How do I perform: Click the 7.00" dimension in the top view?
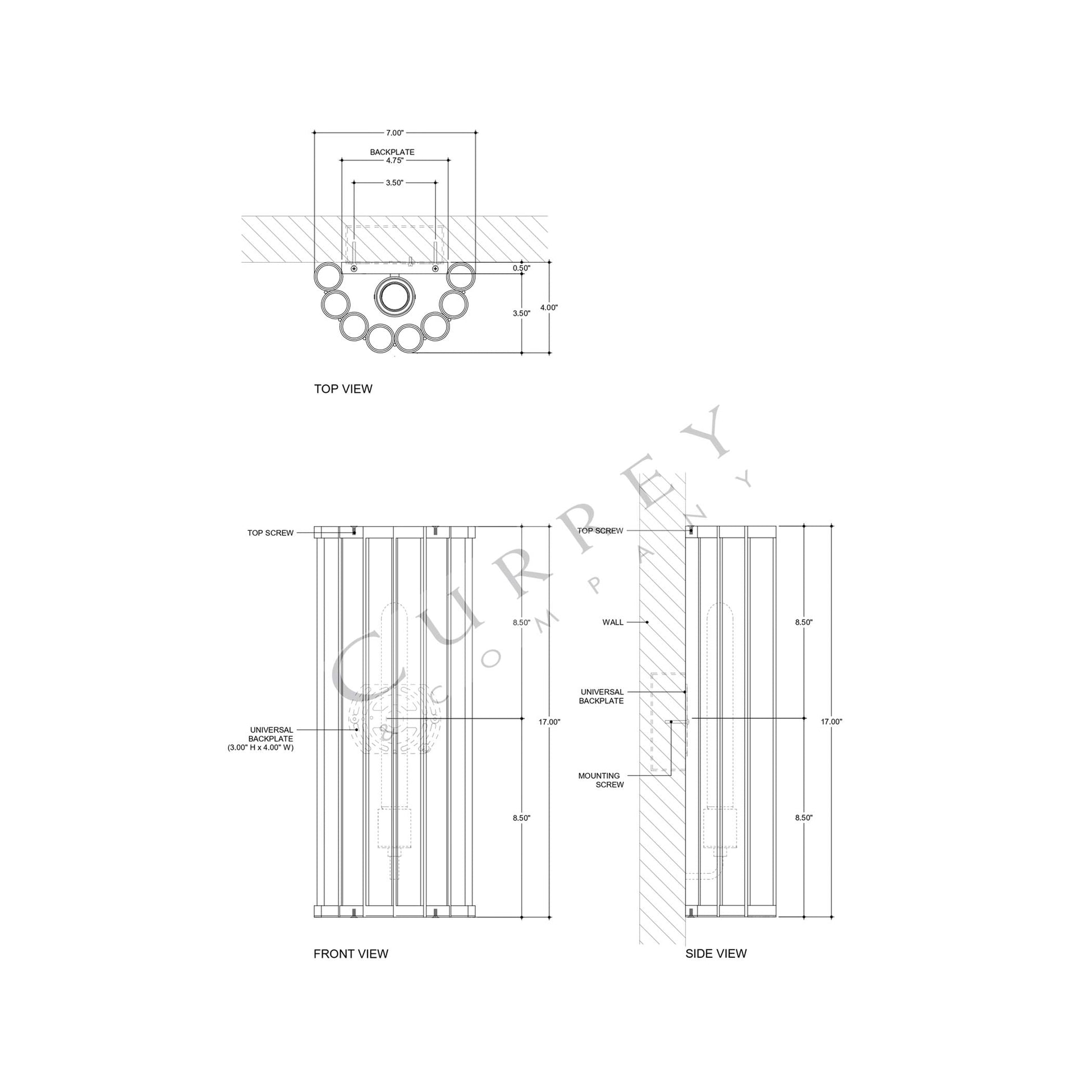click(x=394, y=133)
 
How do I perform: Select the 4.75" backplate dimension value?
click(x=394, y=160)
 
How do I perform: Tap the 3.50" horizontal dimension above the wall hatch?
click(x=394, y=183)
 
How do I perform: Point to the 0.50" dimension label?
click(x=521, y=268)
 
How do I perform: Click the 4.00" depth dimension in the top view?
click(x=549, y=308)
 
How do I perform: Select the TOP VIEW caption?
click(x=343, y=389)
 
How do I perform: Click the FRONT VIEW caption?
click(x=350, y=954)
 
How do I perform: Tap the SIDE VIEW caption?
click(x=715, y=953)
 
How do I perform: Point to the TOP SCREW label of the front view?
click(x=270, y=533)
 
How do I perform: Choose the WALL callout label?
click(x=613, y=622)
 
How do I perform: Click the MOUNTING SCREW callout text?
click(x=601, y=780)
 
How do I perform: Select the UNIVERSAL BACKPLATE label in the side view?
click(x=602, y=696)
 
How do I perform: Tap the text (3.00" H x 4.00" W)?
click(x=260, y=747)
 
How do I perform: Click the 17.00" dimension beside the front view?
click(x=549, y=722)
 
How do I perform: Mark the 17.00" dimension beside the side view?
click(x=832, y=722)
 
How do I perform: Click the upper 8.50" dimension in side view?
click(x=803, y=622)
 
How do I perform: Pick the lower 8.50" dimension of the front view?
click(x=521, y=818)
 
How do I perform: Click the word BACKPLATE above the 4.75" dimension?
click(x=392, y=152)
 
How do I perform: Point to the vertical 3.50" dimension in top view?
click(x=521, y=313)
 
